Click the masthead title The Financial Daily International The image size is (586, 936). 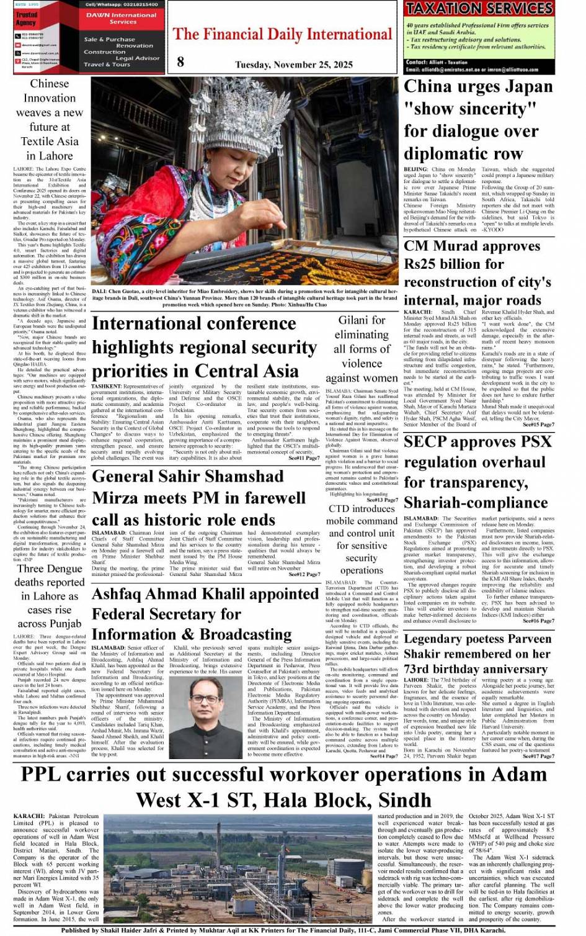tap(282, 34)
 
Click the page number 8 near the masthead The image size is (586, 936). tap(180, 61)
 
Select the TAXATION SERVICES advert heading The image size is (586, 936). tap(478, 8)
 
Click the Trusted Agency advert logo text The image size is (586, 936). tap(26, 19)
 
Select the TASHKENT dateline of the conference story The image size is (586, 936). tap(107, 386)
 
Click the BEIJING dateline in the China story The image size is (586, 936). tap(416, 169)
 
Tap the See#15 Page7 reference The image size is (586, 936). tap(538, 425)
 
